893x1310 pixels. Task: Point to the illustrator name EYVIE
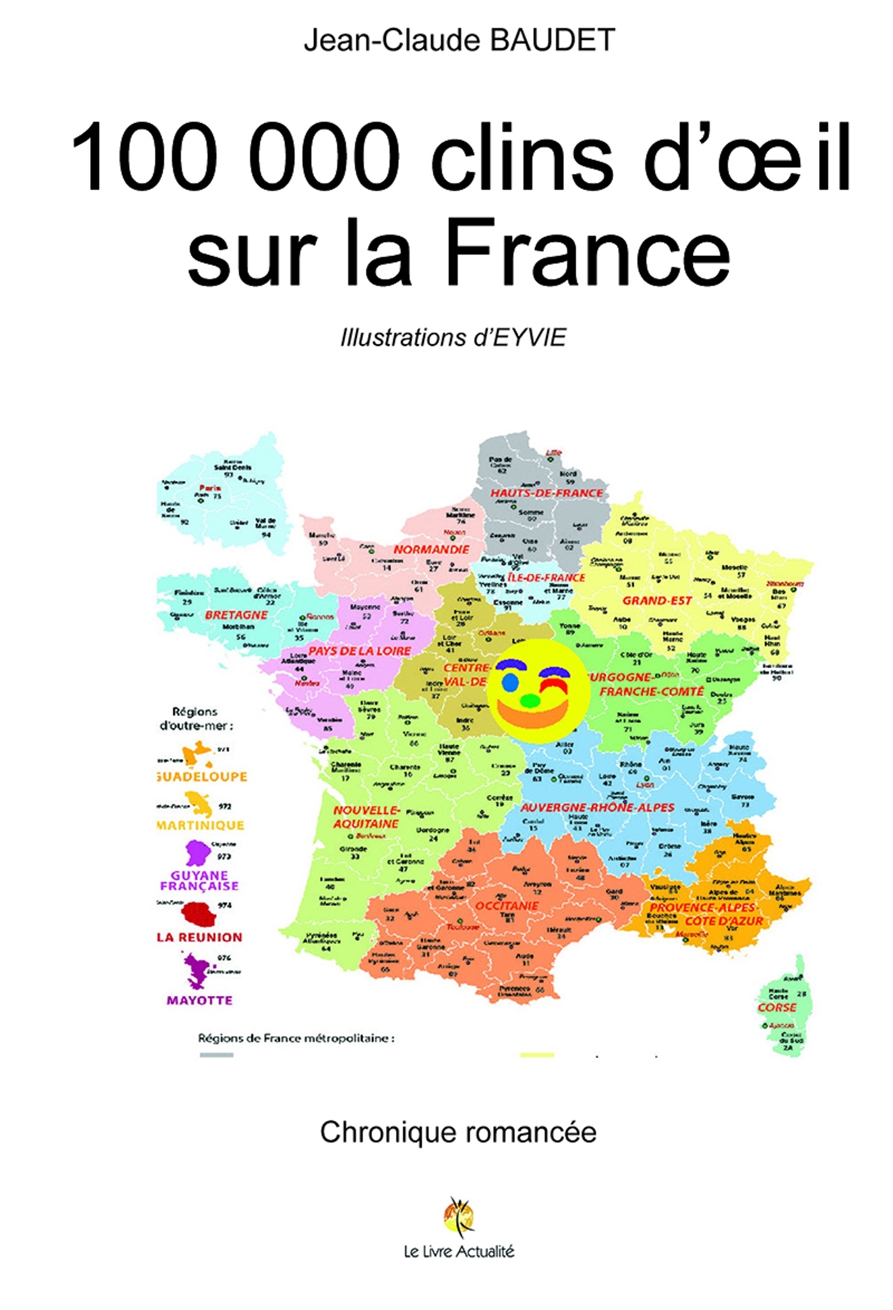529,338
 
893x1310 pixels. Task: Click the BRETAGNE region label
236,615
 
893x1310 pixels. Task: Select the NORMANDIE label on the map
431,549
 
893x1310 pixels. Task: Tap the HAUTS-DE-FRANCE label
546,493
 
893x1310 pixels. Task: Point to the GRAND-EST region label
657,600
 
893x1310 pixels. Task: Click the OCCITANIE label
507,905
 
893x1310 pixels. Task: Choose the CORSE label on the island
777,1008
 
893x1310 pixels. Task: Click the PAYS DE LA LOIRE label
360,651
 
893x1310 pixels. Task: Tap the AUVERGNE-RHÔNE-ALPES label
597,807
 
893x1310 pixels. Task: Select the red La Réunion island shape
198,914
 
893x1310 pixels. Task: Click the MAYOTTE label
199,1000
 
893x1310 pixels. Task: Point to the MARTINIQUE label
200,825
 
